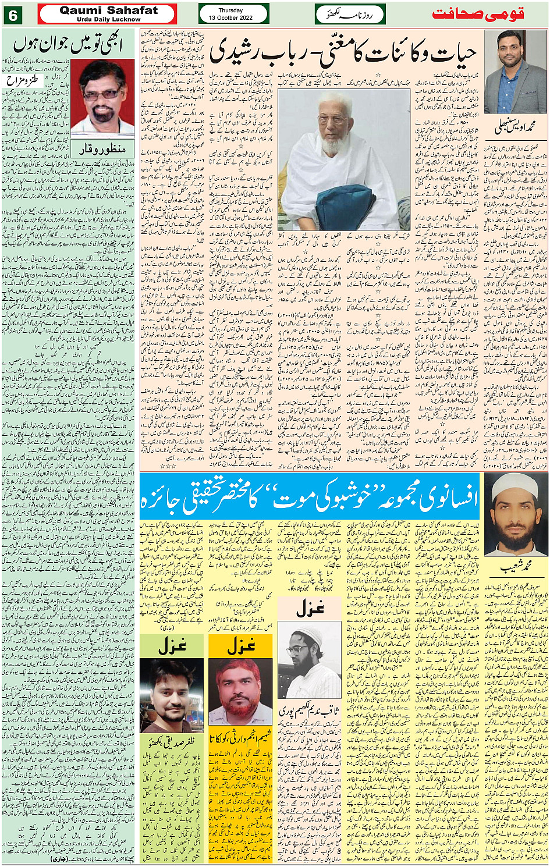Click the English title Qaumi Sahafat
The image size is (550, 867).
pos(108,11)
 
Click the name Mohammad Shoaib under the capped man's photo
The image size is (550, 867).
pos(515,567)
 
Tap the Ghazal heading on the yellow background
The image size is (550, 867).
pos(240,645)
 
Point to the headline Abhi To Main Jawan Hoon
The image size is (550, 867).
pos(70,44)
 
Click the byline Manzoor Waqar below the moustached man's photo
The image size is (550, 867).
pos(101,148)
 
